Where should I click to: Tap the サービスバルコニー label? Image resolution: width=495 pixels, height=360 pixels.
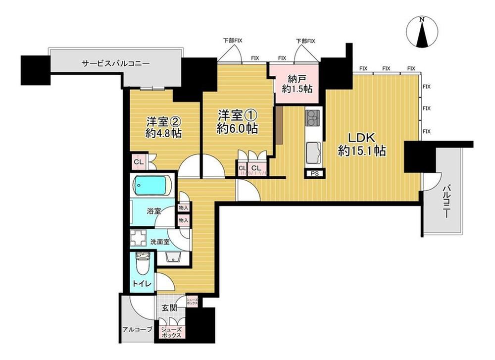point(116,63)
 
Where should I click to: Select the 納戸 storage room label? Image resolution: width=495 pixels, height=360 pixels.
point(297,79)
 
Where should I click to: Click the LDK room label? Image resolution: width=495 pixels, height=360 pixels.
point(361,138)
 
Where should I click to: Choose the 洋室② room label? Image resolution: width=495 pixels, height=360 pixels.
point(163,122)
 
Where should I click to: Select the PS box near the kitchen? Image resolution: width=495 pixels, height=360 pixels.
point(314,173)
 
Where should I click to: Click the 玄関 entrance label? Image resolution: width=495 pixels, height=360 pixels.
point(169,308)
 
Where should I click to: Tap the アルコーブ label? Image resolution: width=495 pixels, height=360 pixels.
point(137,329)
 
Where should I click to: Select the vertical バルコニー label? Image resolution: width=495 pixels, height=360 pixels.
point(446,202)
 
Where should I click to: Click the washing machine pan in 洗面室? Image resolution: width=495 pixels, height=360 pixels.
point(139,238)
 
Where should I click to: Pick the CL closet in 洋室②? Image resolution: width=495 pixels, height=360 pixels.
point(139,162)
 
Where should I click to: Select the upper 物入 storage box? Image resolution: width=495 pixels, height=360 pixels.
point(184,208)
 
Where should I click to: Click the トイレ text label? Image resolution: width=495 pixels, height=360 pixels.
point(142,284)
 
